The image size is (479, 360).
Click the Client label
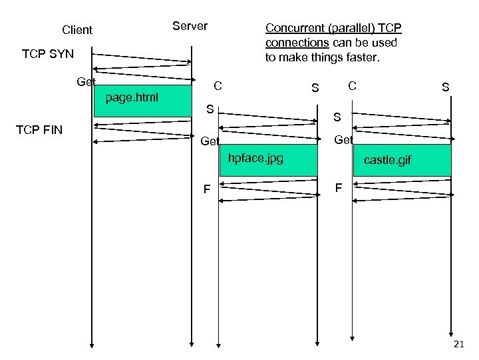77,30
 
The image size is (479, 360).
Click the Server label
190,26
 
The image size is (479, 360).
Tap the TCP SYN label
48,54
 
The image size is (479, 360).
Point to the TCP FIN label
39,129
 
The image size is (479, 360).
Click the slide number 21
458,344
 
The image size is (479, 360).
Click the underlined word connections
293,43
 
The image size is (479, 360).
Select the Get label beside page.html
86,82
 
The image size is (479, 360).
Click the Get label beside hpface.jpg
210,141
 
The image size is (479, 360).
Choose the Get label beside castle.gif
343,140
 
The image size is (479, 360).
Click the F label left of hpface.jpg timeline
206,190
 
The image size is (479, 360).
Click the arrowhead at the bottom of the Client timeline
92,344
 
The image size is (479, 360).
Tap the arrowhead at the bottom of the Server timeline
192,344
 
